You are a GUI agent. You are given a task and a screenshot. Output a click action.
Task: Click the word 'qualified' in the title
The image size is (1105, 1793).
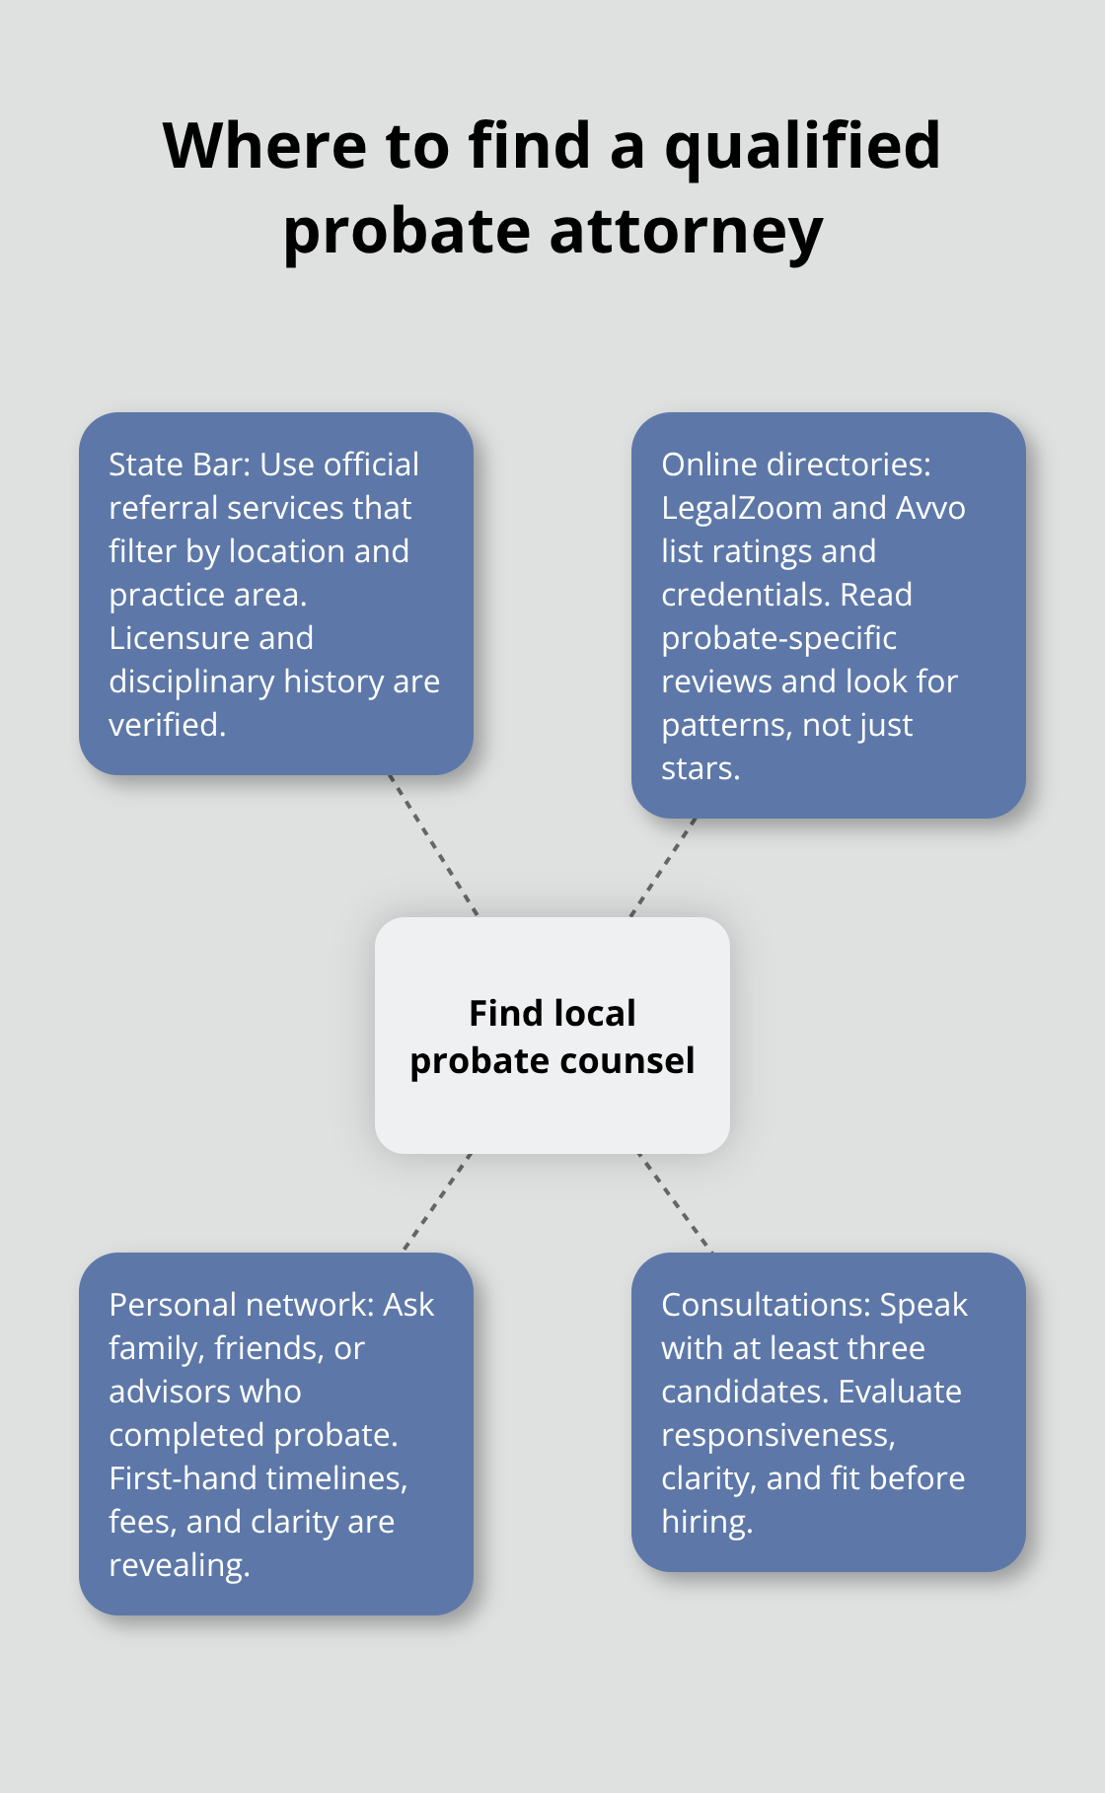click(802, 146)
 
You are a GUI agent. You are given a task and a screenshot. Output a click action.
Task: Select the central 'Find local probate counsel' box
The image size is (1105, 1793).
click(552, 1036)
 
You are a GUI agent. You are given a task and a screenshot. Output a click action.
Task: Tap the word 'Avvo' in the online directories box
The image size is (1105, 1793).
click(930, 508)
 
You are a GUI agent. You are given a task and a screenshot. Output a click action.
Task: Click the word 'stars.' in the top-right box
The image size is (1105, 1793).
click(700, 768)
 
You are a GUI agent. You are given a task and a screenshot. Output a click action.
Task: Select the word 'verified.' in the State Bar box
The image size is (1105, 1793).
click(168, 725)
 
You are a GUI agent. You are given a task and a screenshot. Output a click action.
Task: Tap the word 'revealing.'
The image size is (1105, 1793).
click(180, 1565)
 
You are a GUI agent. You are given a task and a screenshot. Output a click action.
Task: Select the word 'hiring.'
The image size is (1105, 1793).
click(707, 1522)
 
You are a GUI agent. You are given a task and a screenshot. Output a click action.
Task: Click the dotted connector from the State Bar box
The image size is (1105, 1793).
click(433, 845)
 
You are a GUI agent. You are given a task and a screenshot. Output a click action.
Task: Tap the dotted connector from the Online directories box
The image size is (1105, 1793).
click(663, 867)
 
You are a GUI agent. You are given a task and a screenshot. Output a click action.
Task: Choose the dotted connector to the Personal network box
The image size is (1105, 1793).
click(437, 1202)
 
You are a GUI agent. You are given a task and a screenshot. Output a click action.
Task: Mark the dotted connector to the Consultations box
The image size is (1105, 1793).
click(675, 1202)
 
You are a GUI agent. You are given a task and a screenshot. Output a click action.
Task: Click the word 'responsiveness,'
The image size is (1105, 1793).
click(778, 1435)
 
